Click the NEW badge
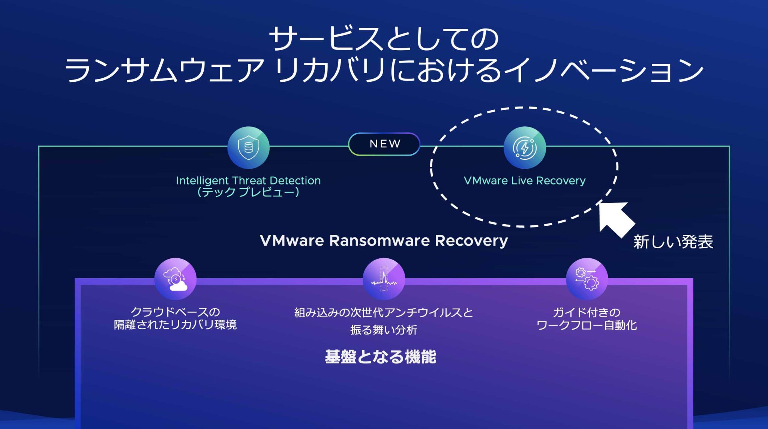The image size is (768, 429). tap(384, 144)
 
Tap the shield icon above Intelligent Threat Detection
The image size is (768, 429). tap(248, 147)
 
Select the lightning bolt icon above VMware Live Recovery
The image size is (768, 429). tap(525, 147)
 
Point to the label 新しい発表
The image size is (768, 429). tap(673, 242)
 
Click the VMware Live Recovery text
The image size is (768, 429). tap(525, 181)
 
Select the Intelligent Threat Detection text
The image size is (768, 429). tap(248, 181)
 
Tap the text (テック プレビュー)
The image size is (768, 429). tap(248, 192)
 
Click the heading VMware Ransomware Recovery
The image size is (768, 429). tap(384, 240)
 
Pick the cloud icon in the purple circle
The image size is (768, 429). tap(175, 279)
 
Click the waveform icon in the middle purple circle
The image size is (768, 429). tap(384, 279)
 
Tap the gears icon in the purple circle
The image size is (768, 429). tap(587, 279)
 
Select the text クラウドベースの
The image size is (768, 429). tap(175, 312)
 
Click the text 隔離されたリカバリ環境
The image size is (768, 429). tap(175, 325)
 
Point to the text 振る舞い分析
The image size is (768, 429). tap(384, 330)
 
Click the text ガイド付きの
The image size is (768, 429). tap(587, 312)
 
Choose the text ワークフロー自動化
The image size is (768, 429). tap(587, 325)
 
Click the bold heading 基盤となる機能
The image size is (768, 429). tap(380, 357)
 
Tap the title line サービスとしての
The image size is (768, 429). tap(384, 39)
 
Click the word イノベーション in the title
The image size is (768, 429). tap(604, 70)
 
